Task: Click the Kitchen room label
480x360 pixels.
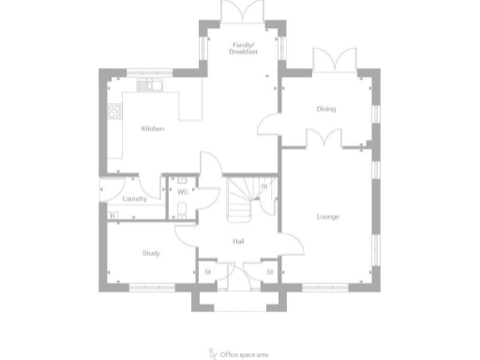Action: coord(153,128)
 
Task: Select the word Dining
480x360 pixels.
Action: coord(326,110)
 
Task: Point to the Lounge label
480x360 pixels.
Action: coord(327,217)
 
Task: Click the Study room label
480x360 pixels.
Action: coord(150,253)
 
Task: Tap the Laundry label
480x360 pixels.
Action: coord(132,198)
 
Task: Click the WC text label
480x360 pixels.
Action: coord(183,192)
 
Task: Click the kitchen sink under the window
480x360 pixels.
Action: coord(150,85)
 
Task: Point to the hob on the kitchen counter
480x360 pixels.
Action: coord(116,112)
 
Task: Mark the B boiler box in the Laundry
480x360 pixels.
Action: coord(113,216)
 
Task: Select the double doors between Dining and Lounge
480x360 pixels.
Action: coord(323,139)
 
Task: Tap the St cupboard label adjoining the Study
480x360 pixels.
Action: coord(207,272)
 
